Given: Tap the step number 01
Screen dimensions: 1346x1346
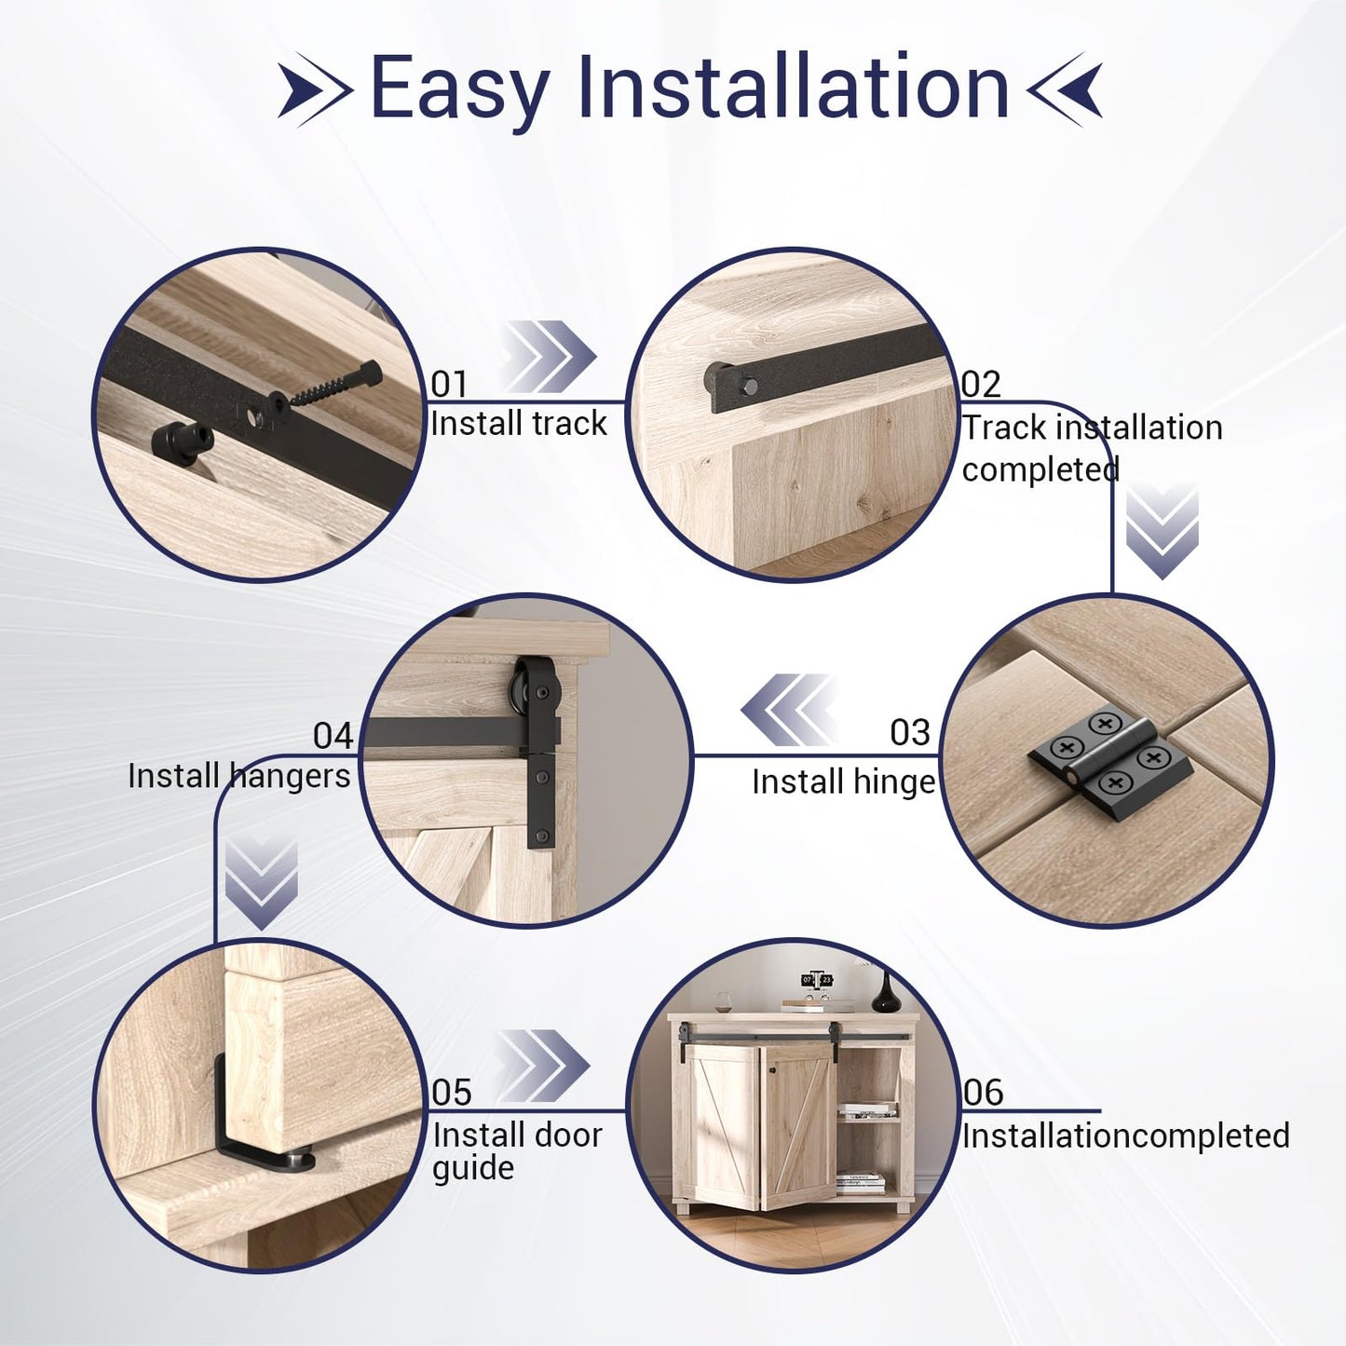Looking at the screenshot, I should pos(449,384).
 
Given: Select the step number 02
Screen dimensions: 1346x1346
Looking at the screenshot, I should pos(981,384).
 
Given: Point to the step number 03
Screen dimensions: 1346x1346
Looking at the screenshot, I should pos(910,733).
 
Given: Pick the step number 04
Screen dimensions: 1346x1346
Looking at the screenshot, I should pos(333,736).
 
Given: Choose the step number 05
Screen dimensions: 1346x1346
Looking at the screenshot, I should pos(452,1092).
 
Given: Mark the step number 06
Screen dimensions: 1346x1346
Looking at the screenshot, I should pos(984,1092).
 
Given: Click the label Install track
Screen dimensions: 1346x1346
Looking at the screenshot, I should pos(518,424).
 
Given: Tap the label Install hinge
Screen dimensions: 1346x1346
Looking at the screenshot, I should pos(843,782).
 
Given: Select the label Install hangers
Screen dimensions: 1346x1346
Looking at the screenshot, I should pos(238,776).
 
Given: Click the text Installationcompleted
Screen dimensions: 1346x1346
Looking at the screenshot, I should pos(1125,1135).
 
